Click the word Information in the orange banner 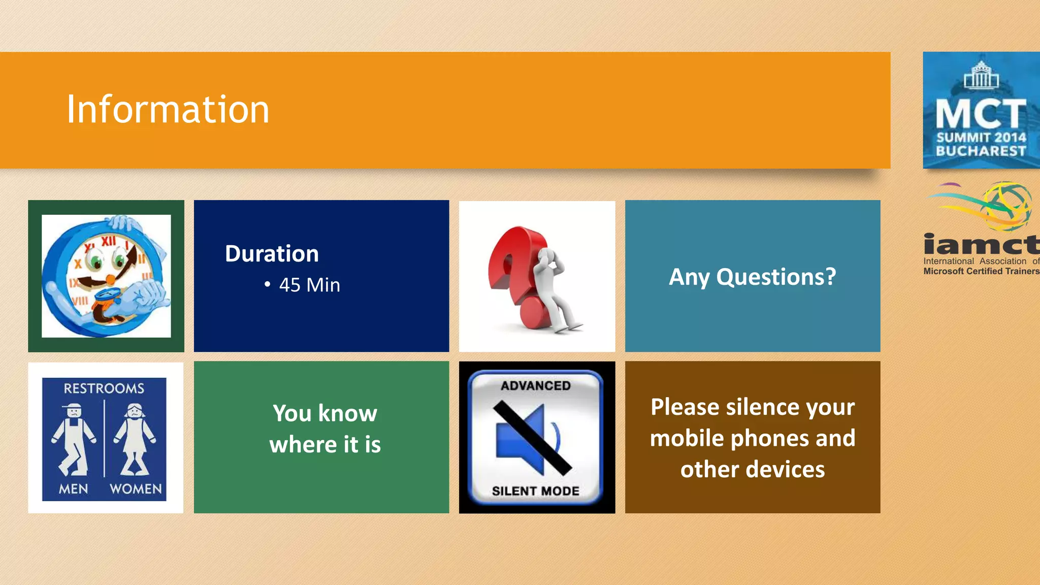tap(168, 110)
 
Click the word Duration tap(272, 253)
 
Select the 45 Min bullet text tap(309, 285)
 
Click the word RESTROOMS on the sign tap(104, 388)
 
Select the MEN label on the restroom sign tap(74, 489)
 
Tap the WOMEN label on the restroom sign tap(136, 489)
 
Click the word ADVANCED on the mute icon tap(536, 386)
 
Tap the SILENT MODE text tap(536, 491)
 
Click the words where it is tap(325, 445)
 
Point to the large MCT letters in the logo tap(981, 114)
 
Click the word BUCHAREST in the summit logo tap(981, 151)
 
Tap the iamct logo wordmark tap(981, 245)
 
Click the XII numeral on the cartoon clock tap(108, 241)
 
